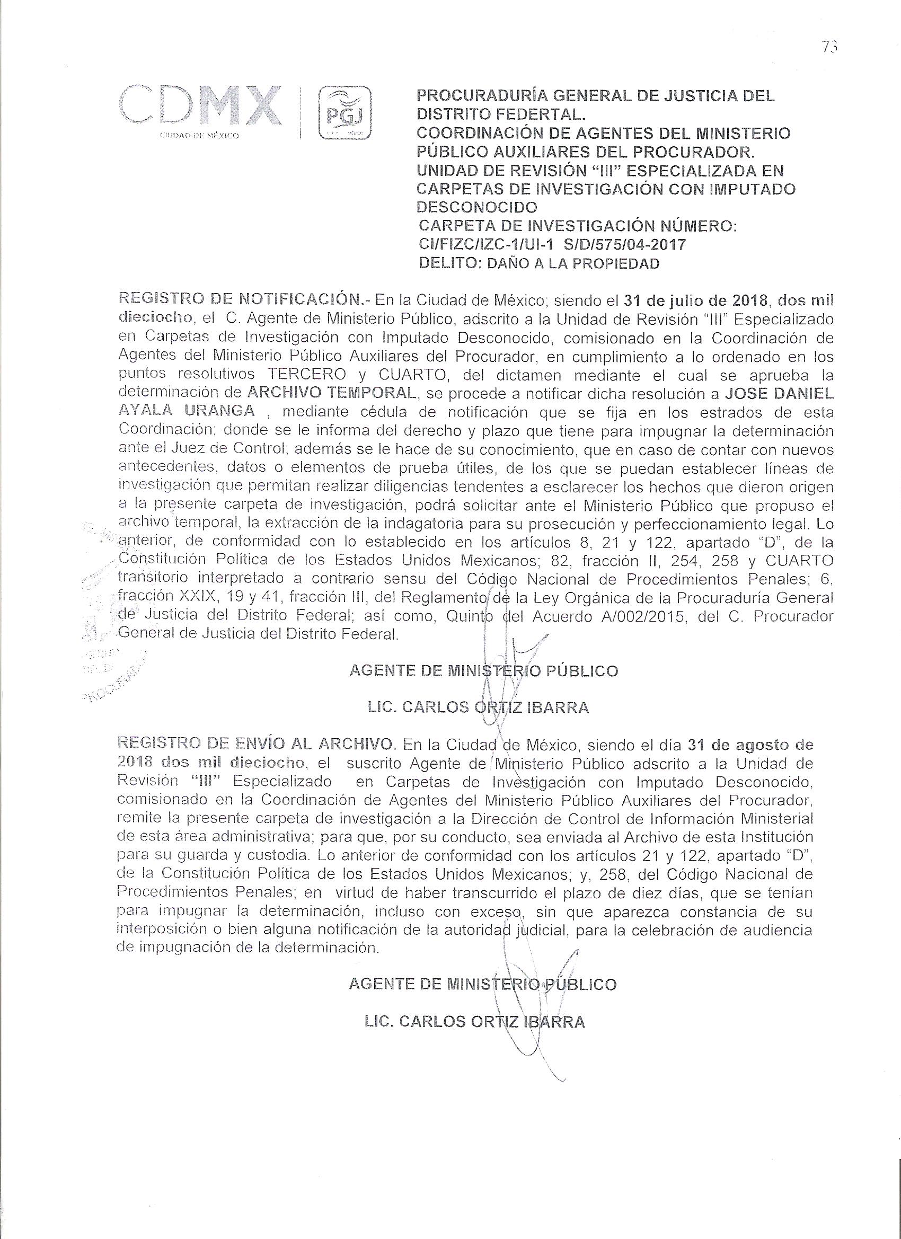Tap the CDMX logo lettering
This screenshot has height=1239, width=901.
coord(200,105)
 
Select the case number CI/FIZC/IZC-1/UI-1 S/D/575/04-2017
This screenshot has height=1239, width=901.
coord(551,244)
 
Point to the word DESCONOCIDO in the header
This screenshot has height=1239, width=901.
coord(477,207)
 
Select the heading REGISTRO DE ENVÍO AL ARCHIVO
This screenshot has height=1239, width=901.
coord(258,744)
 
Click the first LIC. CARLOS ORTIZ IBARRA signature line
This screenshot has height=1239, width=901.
coord(479,707)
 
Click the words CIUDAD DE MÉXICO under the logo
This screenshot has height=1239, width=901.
coord(199,136)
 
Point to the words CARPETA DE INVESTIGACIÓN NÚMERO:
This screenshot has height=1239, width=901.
coord(578,226)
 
